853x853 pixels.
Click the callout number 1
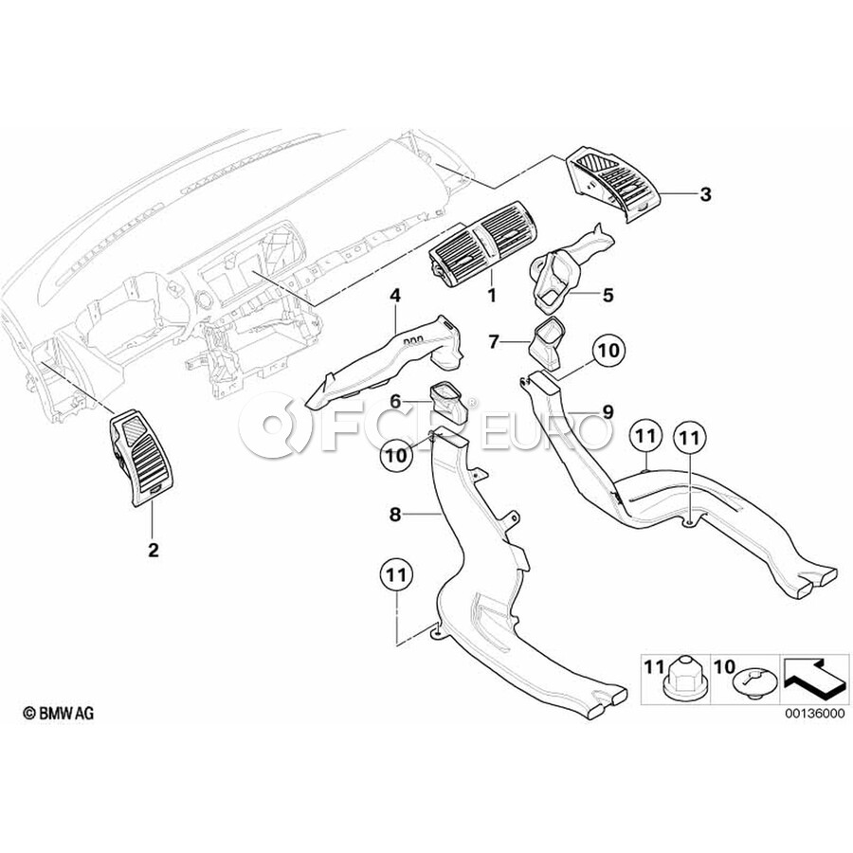[491, 296]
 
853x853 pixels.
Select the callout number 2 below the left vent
[154, 550]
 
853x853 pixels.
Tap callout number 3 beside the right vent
[705, 194]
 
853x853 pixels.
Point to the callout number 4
[394, 296]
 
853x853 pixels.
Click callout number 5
[608, 296]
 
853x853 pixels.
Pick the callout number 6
[395, 402]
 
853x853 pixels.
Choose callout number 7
[494, 342]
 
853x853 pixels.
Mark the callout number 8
[395, 514]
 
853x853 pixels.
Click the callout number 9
[608, 412]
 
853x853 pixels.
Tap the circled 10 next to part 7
[608, 351]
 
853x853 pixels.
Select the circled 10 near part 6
[396, 455]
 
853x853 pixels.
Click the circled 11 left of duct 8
[396, 575]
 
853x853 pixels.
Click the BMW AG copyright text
[58, 713]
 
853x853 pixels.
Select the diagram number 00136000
[815, 714]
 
